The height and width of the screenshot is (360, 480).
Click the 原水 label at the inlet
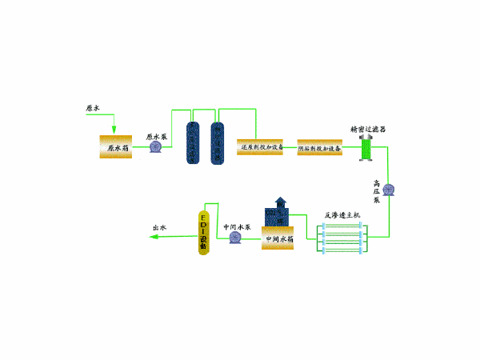coord(94,107)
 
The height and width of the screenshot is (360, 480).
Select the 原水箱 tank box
coord(115,147)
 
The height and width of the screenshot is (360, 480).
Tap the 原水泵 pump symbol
coord(154,147)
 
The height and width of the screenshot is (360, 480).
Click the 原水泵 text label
coord(156,136)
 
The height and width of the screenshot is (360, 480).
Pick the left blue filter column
coord(192,143)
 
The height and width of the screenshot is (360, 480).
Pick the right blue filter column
coord(216,143)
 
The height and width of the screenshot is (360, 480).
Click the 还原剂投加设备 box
coord(262,146)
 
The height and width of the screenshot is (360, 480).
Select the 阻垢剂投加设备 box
coord(319,148)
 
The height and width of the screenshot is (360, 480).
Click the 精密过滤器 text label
coord(368,128)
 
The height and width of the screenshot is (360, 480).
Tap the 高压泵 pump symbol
coord(390,190)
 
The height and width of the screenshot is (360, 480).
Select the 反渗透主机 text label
coord(342,214)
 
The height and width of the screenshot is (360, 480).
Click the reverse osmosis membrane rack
coord(342,238)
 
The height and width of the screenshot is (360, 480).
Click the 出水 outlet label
coord(159,228)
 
